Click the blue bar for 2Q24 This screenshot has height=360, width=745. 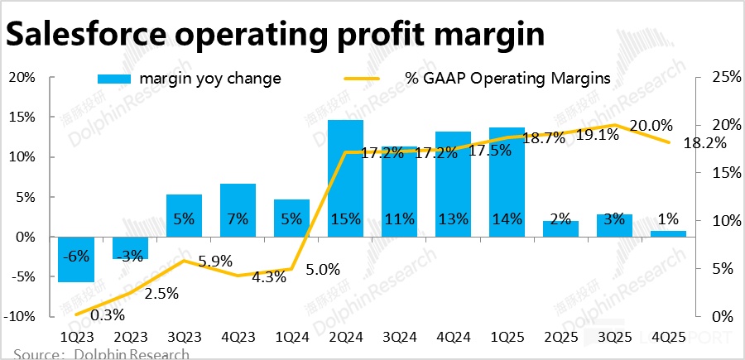click(345, 178)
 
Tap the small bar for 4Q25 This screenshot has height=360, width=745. click(669, 233)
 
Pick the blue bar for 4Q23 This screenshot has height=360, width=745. click(238, 210)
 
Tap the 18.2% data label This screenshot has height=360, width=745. click(705, 142)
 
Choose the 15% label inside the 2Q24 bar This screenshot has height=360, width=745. click(345, 219)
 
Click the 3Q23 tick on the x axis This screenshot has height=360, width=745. click(184, 338)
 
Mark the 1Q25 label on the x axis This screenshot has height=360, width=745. click(507, 338)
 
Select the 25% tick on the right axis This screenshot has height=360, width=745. click(714, 77)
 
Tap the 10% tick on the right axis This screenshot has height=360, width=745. click(714, 221)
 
